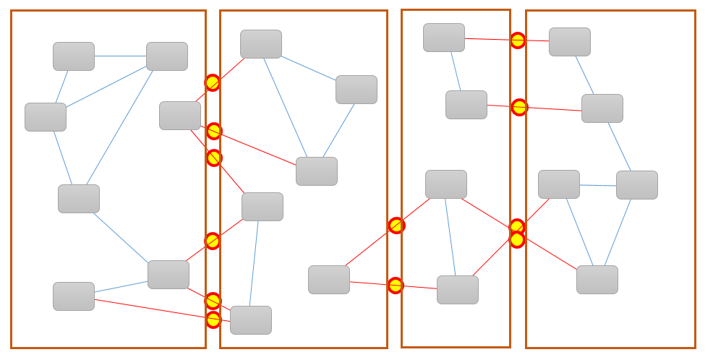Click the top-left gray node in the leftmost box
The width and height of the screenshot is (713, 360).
click(x=74, y=56)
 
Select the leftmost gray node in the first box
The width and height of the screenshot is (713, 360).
click(x=46, y=117)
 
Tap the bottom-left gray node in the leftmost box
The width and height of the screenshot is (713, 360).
click(x=74, y=296)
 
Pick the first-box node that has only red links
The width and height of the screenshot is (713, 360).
click(x=180, y=116)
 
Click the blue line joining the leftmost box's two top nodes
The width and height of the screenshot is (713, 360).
click(x=120, y=56)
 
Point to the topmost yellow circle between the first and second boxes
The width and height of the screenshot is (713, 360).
click(x=212, y=83)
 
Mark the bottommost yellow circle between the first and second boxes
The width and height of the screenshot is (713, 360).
click(x=213, y=320)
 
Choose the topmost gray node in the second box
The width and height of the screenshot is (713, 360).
click(x=261, y=44)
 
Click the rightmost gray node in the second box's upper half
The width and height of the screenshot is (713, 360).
click(x=356, y=90)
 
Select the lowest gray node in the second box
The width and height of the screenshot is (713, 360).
click(x=251, y=320)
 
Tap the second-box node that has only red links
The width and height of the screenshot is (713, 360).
click(x=329, y=280)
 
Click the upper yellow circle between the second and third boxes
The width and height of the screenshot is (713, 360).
click(x=396, y=226)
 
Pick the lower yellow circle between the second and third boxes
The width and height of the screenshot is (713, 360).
click(x=396, y=286)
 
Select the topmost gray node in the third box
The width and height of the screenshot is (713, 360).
click(x=444, y=38)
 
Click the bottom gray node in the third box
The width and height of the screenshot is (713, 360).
click(x=458, y=290)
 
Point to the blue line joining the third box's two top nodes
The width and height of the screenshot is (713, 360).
click(x=456, y=71)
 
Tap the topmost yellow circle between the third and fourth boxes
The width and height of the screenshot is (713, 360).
click(x=518, y=40)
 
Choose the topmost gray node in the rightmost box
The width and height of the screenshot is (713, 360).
click(x=570, y=42)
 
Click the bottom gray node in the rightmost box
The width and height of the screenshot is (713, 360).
click(x=597, y=280)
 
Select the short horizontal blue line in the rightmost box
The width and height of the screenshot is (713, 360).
click(x=597, y=185)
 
